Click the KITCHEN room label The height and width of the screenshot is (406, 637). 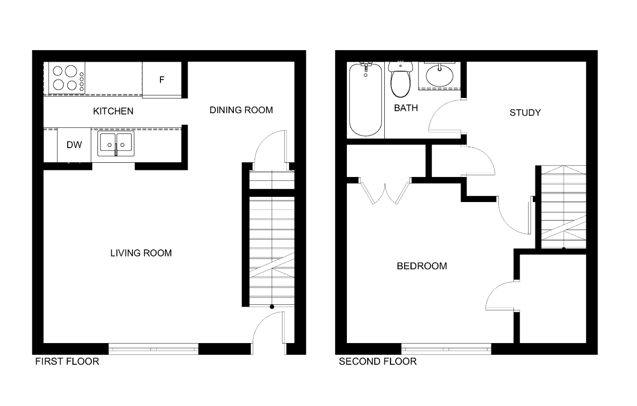coord(113,111)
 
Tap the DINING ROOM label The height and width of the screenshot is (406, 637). coord(241,110)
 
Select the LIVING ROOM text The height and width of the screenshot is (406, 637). coord(141,253)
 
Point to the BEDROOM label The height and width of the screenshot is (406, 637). coord(422,266)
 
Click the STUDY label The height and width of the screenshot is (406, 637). coord(525,113)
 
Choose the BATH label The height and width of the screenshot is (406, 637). coord(406,108)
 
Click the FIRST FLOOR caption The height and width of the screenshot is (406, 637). coord(67,362)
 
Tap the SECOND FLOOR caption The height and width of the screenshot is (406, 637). coord(378,362)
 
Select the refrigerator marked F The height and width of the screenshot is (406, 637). coord(162,80)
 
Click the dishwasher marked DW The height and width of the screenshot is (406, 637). coord(74,145)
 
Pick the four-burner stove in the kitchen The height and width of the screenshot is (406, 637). coord(67,78)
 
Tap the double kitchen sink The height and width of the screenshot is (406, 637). coord(116,143)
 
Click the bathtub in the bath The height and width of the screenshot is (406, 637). coord(365,99)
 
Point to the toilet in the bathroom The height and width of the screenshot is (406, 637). coord(400,79)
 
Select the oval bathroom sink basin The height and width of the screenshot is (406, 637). coord(439,76)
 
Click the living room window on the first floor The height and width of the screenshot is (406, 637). coord(153,349)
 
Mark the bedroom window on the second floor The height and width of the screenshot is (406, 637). coord(446,349)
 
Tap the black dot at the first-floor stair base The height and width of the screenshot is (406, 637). coord(272,307)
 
